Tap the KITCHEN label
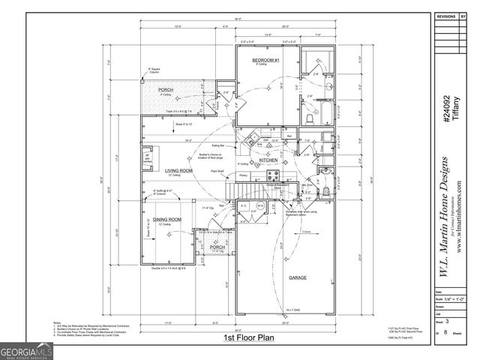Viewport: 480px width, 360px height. (x=268, y=160)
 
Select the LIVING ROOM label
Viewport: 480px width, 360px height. (x=179, y=171)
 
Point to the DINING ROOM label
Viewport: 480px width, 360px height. (x=164, y=219)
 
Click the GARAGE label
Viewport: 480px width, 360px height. (x=298, y=277)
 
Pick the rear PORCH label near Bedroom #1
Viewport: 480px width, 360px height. (x=166, y=90)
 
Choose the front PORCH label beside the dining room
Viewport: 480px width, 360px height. (x=217, y=246)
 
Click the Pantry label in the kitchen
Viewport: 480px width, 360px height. (x=243, y=175)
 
